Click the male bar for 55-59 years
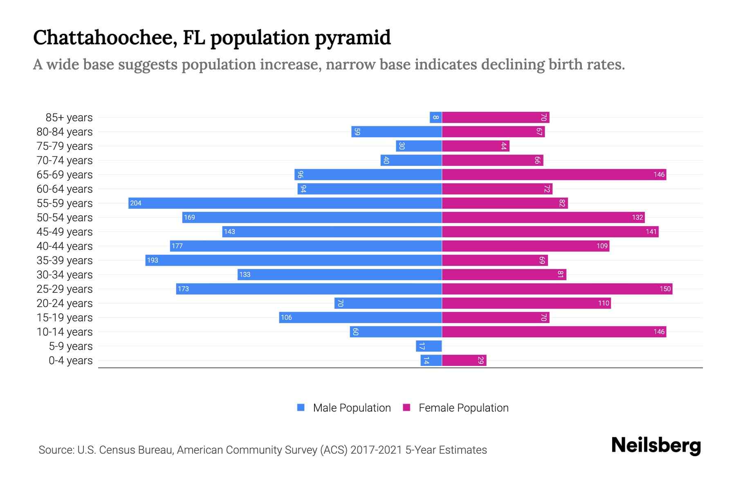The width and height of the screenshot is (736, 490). [x=285, y=203]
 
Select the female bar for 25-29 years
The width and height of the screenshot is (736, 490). [x=557, y=289]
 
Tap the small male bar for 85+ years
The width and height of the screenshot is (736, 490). [x=436, y=117]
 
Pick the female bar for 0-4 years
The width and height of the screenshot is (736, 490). [x=464, y=360]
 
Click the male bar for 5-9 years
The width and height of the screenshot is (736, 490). [x=429, y=346]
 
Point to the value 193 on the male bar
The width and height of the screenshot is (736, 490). [x=153, y=260]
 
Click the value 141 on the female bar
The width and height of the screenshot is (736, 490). [x=651, y=232]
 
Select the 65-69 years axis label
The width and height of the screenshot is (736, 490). [x=65, y=174]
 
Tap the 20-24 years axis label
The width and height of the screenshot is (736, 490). [x=65, y=303]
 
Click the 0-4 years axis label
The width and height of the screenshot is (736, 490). [x=70, y=360]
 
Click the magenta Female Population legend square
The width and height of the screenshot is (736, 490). [x=406, y=408]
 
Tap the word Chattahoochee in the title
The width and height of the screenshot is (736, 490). [x=105, y=38]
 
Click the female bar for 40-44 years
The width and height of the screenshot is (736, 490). [x=525, y=246]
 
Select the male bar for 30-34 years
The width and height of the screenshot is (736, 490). [x=339, y=274]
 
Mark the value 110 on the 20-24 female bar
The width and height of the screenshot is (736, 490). [x=604, y=303]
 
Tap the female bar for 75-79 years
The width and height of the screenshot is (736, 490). [x=476, y=146]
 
